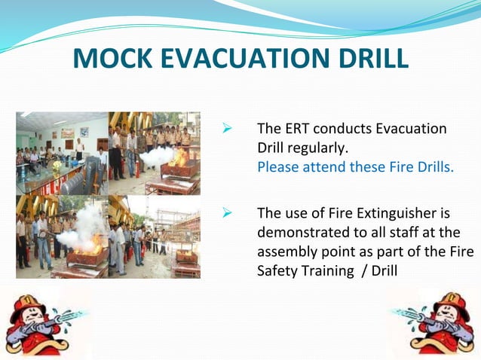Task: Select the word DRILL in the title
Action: (371, 59)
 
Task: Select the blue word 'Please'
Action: (277, 166)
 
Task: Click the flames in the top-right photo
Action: (179, 158)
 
